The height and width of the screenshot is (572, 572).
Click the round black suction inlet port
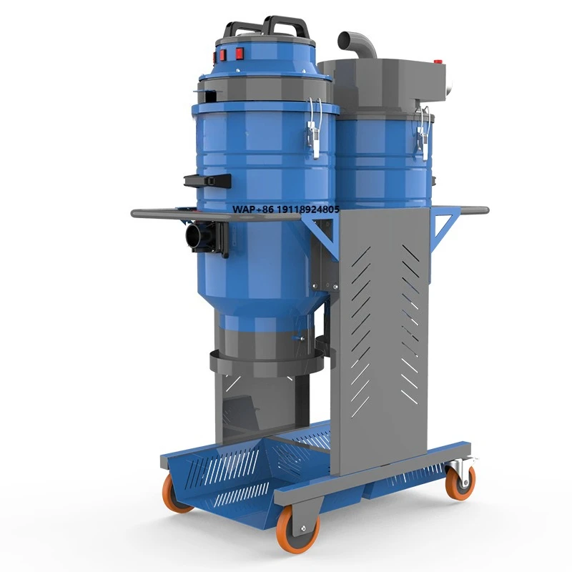coord(194,236)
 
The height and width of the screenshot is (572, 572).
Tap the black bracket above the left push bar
coord(207,180)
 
